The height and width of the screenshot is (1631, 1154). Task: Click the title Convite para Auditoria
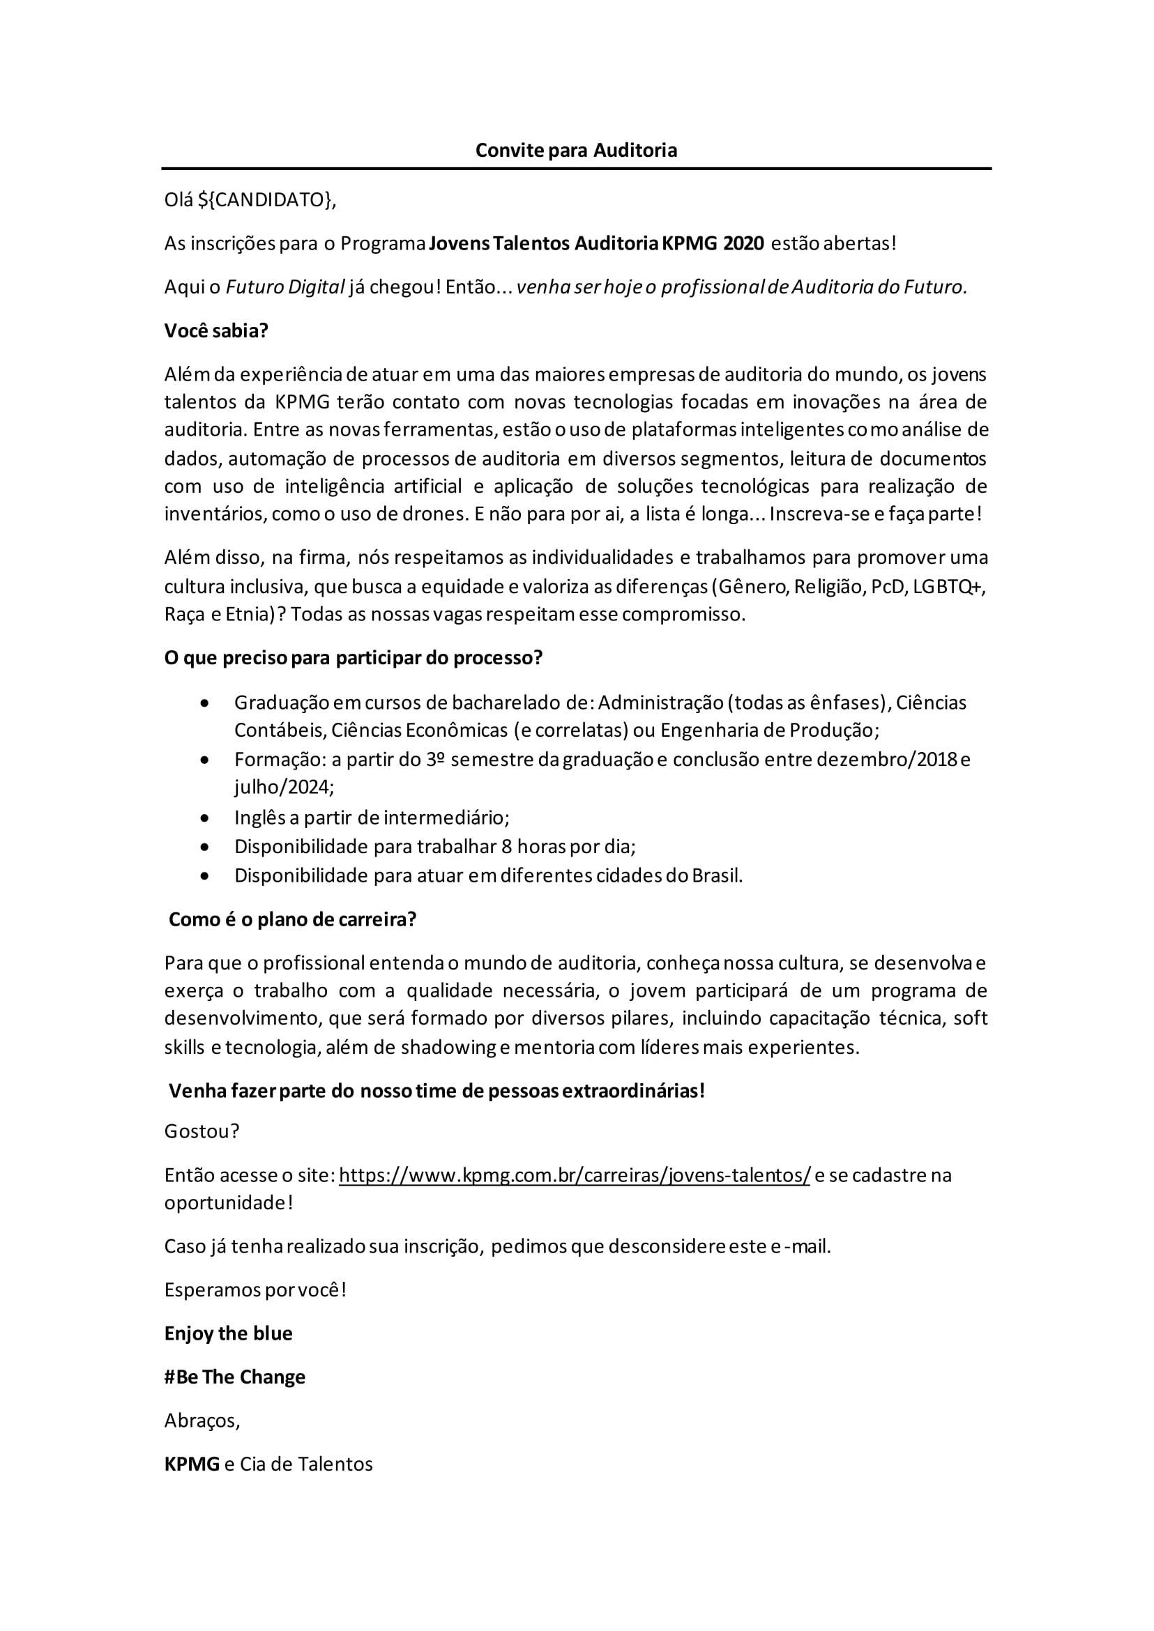575,151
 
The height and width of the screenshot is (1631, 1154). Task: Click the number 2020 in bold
743,244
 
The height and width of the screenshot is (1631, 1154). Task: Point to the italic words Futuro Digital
285,287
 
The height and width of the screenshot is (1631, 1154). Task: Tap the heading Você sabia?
216,331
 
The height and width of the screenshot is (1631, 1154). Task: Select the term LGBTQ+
948,587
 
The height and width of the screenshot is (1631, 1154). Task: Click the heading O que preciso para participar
353,658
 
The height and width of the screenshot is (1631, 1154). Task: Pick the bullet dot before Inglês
204,818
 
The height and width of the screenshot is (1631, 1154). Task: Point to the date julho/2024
284,787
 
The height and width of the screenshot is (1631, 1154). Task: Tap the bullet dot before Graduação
204,703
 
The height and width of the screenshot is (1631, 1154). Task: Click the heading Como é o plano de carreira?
292,919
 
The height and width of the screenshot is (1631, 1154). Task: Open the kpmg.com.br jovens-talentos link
574,1175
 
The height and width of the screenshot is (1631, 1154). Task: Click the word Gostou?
202,1131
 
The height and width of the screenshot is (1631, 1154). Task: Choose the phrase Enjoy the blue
228,1333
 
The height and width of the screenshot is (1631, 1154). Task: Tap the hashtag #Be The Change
234,1377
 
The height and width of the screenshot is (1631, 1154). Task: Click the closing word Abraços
201,1420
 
